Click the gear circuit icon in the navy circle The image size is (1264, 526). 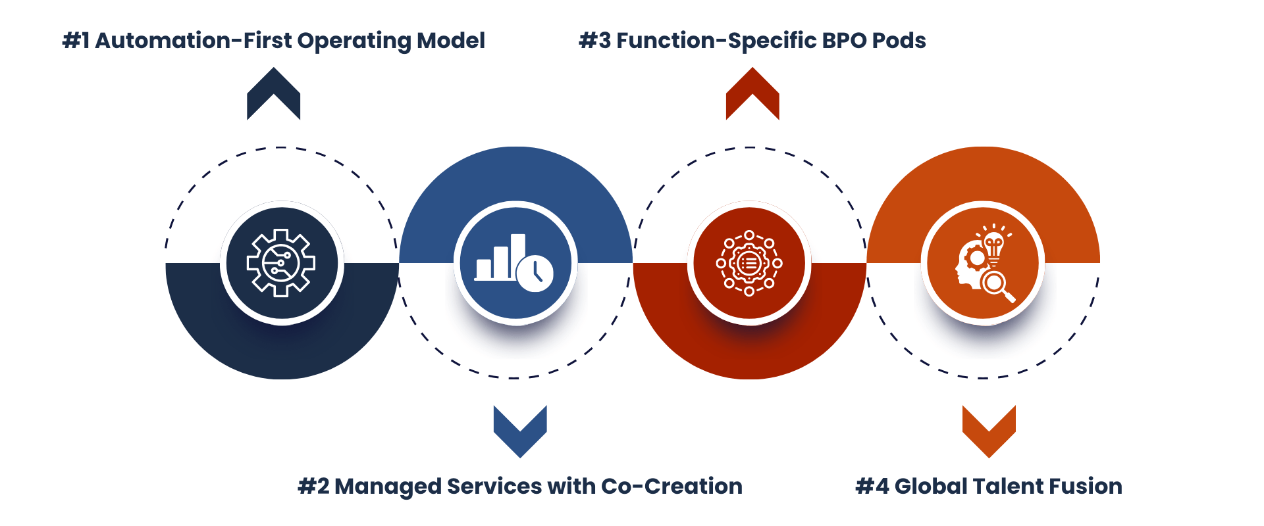(x=281, y=263)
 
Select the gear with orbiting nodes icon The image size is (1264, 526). (x=749, y=263)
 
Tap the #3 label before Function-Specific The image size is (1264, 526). (x=595, y=41)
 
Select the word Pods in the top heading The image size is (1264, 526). (x=899, y=41)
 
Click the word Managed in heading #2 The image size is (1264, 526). (x=388, y=487)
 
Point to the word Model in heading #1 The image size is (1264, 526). (x=451, y=41)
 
